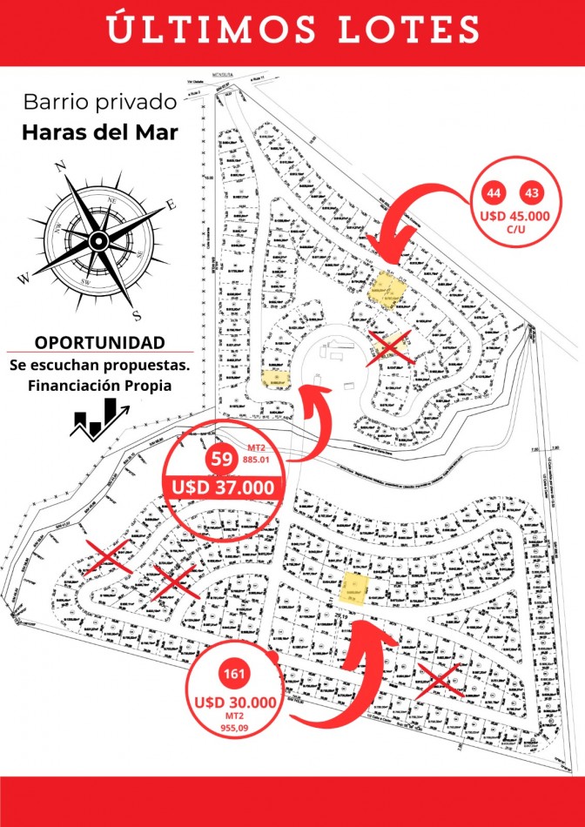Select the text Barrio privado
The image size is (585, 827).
click(x=100, y=102)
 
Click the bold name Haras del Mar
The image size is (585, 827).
click(x=100, y=133)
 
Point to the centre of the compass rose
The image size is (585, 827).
click(x=98, y=239)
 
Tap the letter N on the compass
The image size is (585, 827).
click(x=60, y=167)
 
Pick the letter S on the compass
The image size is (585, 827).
click(x=135, y=314)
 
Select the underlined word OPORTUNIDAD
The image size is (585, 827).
click(x=99, y=341)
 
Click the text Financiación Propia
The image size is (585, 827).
click(x=99, y=385)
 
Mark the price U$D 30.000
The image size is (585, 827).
click(x=235, y=702)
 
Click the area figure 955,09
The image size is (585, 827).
click(x=235, y=728)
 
